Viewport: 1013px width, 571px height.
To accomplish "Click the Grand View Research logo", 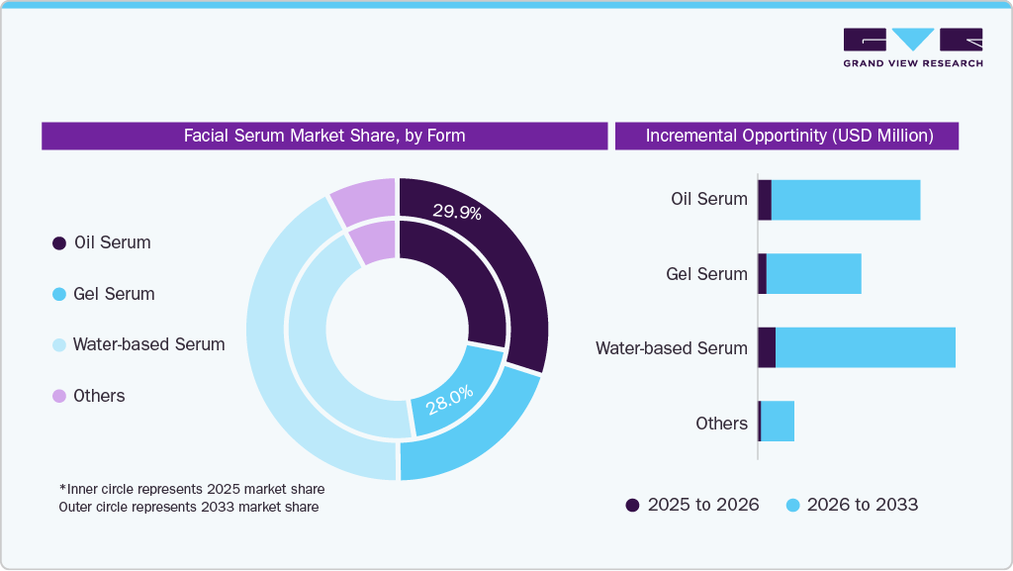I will [912, 48].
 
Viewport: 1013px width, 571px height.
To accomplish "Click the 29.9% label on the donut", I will [457, 211].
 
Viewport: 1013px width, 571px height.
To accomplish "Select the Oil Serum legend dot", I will [59, 243].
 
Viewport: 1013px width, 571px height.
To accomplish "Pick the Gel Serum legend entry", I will [103, 294].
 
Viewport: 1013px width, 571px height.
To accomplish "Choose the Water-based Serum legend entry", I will [138, 344].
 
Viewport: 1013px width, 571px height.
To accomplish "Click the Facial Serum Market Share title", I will [324, 136].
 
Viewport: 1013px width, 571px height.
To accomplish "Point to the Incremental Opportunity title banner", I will [788, 136].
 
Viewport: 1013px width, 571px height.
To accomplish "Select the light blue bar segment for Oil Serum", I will [846, 200].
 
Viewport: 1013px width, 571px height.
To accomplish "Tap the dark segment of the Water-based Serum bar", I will [766, 347].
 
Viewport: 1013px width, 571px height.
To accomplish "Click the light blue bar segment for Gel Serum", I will [813, 273].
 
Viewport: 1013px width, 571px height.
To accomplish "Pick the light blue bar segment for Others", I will [778, 422].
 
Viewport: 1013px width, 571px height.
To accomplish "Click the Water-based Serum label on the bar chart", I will [671, 348].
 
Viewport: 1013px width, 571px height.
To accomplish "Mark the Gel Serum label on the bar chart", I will [706, 274].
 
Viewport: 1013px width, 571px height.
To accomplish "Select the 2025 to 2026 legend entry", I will [691, 505].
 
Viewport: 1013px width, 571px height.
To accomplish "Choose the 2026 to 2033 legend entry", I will [852, 505].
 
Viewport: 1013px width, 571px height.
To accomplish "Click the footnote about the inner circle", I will [191, 489].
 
